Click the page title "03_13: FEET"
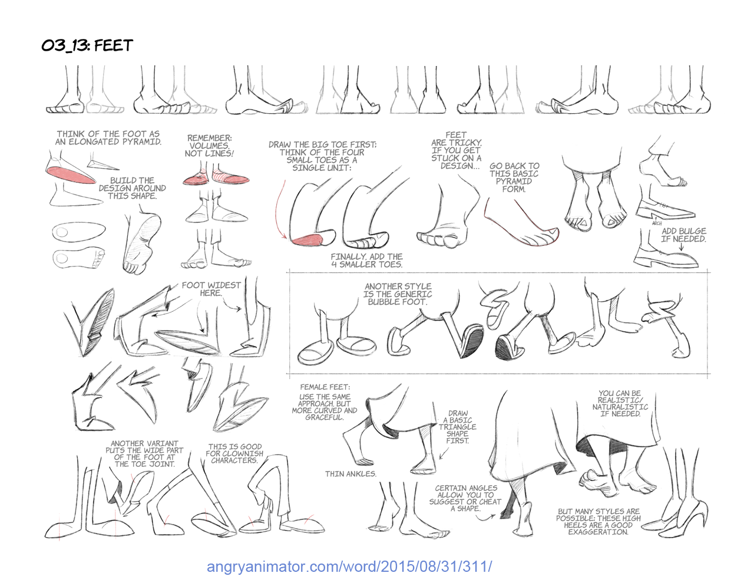coord(87,45)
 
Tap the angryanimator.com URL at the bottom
coord(349,567)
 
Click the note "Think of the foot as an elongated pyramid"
coord(108,138)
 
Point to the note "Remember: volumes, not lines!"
coord(209,146)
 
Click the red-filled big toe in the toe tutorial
coord(307,239)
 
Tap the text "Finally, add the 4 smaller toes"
coord(366,261)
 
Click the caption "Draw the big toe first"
coord(322,156)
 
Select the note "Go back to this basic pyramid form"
coord(514,177)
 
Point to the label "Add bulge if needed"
coord(683,235)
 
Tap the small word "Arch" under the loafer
coord(657,223)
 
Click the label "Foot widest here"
coord(211,289)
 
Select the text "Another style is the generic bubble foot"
coord(398,294)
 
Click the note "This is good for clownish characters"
coord(234,453)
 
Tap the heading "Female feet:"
coord(325,387)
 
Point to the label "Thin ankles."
coord(350,473)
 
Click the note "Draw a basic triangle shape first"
coord(457,427)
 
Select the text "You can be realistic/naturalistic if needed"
coord(620,403)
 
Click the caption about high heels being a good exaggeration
coord(598,522)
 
